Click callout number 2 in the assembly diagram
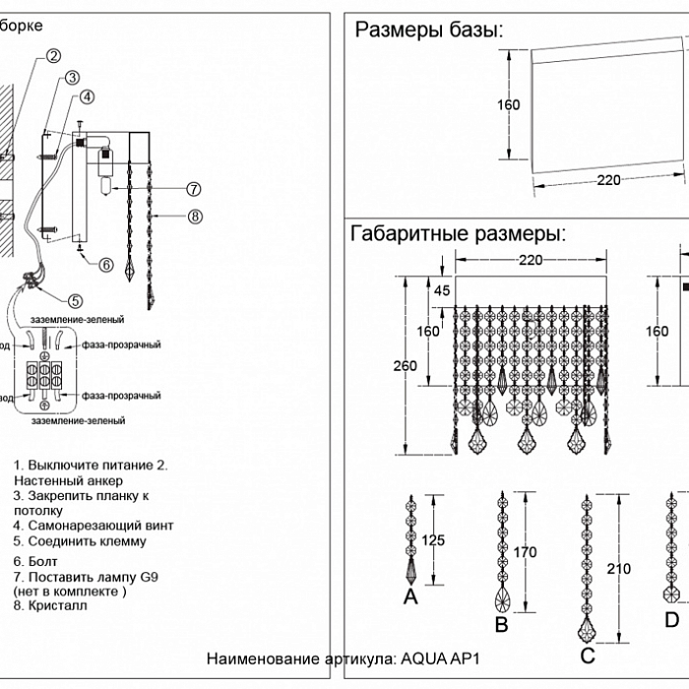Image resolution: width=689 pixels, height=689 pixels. coord(54,56)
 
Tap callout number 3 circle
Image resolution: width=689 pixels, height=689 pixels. coord(72,78)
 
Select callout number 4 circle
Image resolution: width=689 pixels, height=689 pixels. coord(88,96)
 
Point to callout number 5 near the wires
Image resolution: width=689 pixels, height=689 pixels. coord(76,300)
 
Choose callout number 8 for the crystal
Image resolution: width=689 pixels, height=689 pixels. coord(194,216)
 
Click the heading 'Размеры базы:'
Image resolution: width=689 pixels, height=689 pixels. coord(428,30)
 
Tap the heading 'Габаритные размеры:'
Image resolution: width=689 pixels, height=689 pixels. coord(458,234)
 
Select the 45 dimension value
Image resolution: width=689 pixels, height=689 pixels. coord(442,290)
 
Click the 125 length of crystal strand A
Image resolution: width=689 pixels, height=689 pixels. coord(433,539)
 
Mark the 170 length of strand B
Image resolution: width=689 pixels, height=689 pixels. coord(526,552)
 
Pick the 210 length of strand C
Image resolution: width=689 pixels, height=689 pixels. coord(619,569)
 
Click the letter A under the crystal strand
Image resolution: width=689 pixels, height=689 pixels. coord(410,596)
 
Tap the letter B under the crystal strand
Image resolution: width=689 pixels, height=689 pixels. coord(501,624)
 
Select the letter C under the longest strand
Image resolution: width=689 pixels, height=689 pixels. coord(587,655)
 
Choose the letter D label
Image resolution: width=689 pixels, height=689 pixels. coord(671,619)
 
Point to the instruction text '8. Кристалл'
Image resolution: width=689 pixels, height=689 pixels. coord(50,606)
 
